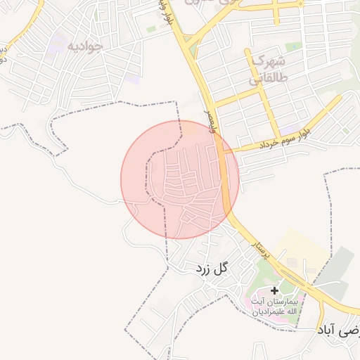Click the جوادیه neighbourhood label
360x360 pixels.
click(85, 46)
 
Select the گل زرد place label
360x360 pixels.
click(213, 267)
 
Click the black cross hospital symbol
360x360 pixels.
click(274, 290)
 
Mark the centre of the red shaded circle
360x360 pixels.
click(180, 179)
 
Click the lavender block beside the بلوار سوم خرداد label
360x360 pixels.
click(289, 131)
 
